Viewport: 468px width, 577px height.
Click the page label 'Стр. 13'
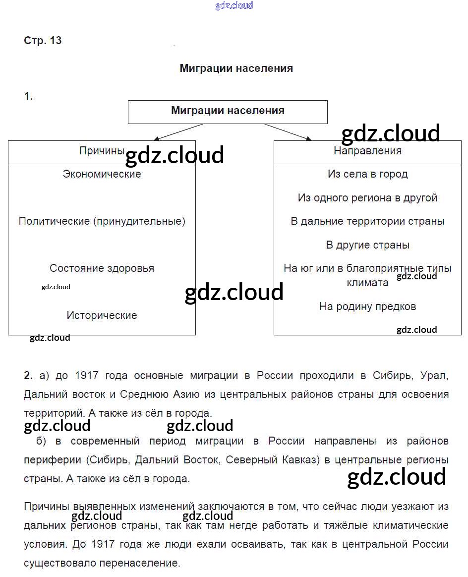[x=43, y=41]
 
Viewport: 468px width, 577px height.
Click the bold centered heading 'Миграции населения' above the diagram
[x=236, y=68]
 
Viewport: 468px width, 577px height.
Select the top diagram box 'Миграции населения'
[x=228, y=111]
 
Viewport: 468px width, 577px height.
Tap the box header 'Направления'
[x=367, y=151]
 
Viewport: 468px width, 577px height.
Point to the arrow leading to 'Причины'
[x=178, y=132]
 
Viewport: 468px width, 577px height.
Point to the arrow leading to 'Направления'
[x=288, y=132]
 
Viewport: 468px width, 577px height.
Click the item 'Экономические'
[x=102, y=174]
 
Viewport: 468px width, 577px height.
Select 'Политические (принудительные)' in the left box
[x=102, y=221]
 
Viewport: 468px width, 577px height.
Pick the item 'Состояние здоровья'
[x=102, y=268]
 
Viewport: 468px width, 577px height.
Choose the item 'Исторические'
[x=102, y=316]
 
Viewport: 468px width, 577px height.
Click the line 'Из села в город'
[x=367, y=174]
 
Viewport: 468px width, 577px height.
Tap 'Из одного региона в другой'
[x=367, y=198]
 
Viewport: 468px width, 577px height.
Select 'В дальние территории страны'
[x=367, y=221]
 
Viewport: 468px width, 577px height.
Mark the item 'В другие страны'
[x=367, y=245]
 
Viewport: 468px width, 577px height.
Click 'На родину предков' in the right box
[x=367, y=307]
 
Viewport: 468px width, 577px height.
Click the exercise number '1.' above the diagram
[x=28, y=97]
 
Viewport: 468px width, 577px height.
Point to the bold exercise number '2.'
[x=28, y=376]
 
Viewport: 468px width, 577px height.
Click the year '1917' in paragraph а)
[x=87, y=376]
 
